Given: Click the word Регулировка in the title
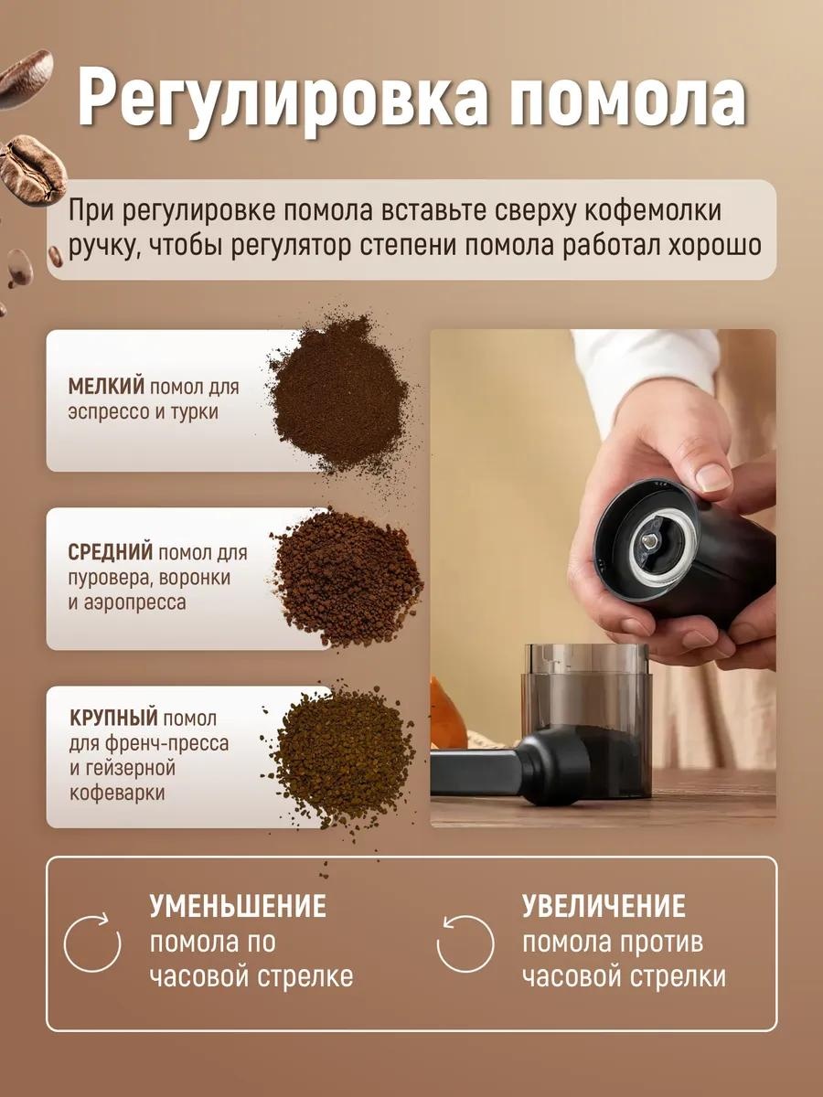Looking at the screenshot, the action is pyautogui.click(x=283, y=100).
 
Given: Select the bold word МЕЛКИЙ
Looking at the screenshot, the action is pyautogui.click(x=106, y=387).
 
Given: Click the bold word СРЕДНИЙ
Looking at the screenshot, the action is pyautogui.click(x=110, y=552).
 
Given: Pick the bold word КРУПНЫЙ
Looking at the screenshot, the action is pyautogui.click(x=113, y=719).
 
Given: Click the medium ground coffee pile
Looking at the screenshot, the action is pyautogui.click(x=347, y=579).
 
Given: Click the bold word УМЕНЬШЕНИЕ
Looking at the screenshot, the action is pyautogui.click(x=238, y=907).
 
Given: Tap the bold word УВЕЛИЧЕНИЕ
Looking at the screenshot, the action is pyautogui.click(x=604, y=907).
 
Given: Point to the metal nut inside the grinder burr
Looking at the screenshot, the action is pyautogui.click(x=649, y=541).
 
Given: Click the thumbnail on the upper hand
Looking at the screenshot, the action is pyautogui.click(x=713, y=475).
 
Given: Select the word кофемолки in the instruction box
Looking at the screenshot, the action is pyautogui.click(x=653, y=211).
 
